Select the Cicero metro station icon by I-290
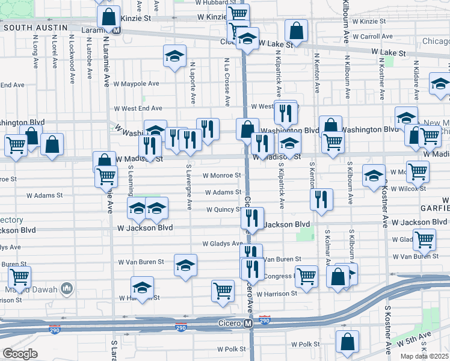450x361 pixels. (x=248, y=324)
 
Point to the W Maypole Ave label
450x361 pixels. (x=137, y=84)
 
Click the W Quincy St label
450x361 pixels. (x=224, y=210)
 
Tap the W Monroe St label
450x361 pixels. (x=221, y=176)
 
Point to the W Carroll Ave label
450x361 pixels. (x=372, y=37)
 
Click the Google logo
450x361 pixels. (x=20, y=354)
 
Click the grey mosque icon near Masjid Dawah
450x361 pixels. (x=67, y=289)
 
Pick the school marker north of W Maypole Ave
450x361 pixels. (x=174, y=56)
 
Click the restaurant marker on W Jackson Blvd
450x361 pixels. (x=253, y=218)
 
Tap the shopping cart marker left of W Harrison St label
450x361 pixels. (x=223, y=291)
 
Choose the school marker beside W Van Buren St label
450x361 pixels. (x=185, y=265)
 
